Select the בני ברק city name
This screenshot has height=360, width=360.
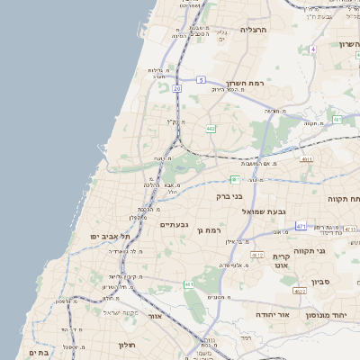coord(229,194)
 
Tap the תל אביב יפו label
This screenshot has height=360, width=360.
coord(111,236)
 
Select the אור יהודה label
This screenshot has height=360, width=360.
coord(271,315)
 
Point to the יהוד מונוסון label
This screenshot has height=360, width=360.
coord(332,315)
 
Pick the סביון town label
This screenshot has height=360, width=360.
coord(321,282)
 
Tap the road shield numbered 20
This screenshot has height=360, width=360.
coord(177,88)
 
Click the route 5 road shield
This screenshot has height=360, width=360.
coord(201,80)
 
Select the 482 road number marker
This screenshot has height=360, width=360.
coord(210,130)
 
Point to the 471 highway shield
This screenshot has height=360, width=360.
coord(301,225)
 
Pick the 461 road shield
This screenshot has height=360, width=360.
coord(189,284)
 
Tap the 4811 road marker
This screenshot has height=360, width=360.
coord(307,159)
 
